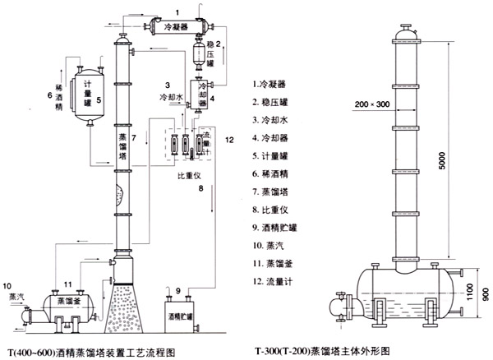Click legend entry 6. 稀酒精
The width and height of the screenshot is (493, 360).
(x=273, y=173)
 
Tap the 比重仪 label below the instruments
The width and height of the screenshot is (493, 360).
(x=191, y=175)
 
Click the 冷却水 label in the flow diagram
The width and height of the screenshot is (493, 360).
(x=172, y=97)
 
